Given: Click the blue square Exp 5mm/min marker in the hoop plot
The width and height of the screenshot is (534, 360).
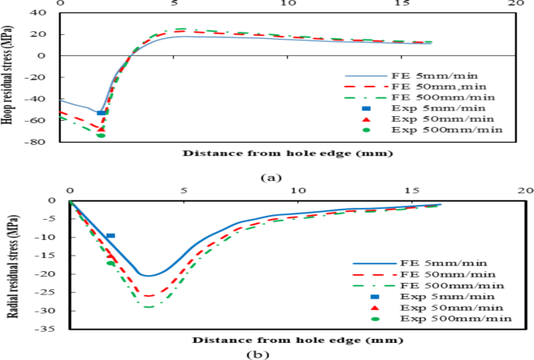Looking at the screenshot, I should (101, 113).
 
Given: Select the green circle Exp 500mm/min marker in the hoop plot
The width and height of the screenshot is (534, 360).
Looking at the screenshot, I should (101, 136).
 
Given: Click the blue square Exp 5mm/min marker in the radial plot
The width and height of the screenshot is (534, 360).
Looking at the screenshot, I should (111, 235).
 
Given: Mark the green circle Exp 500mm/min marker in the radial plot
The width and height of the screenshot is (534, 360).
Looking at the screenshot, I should (111, 263).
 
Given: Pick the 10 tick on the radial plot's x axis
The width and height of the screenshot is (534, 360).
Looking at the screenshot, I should (297, 190).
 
